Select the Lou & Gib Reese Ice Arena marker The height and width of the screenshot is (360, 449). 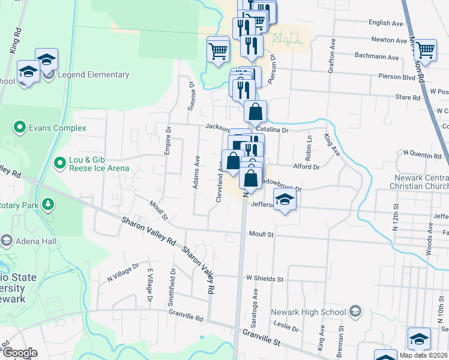pos(59,163)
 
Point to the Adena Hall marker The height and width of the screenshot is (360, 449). pos(7,241)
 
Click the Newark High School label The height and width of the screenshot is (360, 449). pos(309,312)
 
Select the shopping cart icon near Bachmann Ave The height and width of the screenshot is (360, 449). pos(426,50)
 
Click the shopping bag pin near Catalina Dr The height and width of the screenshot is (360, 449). pos(256,112)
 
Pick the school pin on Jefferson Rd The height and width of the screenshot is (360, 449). pos(285,200)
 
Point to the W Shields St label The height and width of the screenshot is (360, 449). pos(264,278)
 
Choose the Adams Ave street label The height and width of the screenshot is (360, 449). pos(196,172)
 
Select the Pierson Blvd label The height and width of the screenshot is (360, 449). pos(397,77)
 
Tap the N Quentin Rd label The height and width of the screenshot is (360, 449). pos(422,155)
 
